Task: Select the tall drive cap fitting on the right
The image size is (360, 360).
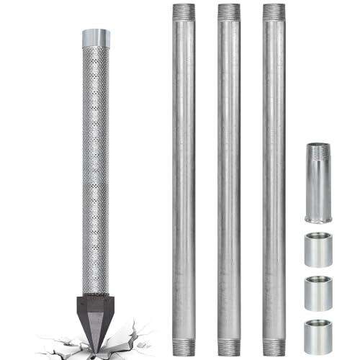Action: [317, 183]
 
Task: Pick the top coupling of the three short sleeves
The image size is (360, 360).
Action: [317, 248]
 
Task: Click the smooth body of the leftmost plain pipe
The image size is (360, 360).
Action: [184, 180]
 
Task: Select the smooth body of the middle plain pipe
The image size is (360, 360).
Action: [228, 180]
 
